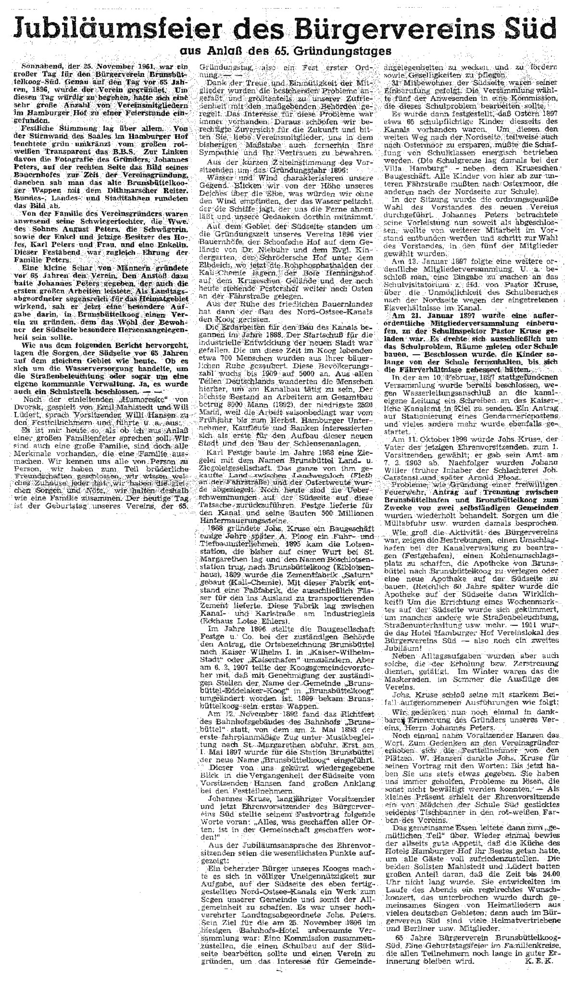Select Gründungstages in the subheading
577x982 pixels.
(349, 50)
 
